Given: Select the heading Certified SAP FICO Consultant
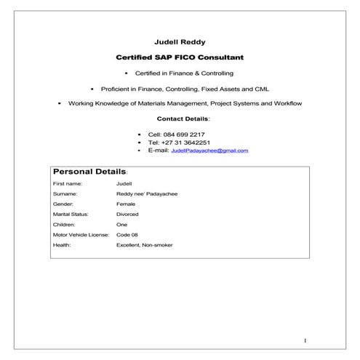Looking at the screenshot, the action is (180, 57).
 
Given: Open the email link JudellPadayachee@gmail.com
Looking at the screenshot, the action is (209, 151).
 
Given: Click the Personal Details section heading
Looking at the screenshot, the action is (89, 172).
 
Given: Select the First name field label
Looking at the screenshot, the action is (67, 184).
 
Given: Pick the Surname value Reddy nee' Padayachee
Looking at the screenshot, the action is (146, 194).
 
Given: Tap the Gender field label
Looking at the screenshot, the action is (64, 204).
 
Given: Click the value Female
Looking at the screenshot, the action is (126, 204).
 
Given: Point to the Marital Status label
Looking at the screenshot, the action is (71, 215).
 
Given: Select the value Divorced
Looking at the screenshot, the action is (127, 215).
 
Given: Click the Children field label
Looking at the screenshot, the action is (65, 225).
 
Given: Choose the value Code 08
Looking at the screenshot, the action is (127, 236).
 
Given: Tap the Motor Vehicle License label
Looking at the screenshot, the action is (81, 236).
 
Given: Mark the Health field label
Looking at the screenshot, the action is (63, 246).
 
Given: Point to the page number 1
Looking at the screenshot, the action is (306, 340).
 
